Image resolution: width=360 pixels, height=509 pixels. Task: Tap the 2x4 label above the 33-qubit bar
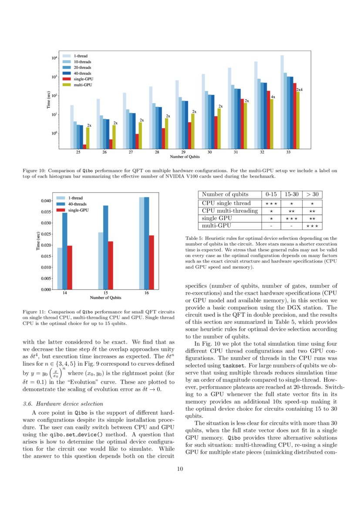[299, 90]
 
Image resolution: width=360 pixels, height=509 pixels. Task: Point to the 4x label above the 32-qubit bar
[273, 97]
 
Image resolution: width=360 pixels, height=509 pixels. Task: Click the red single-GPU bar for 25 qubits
[84, 147]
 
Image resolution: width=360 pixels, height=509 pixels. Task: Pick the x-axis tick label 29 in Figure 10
[183, 152]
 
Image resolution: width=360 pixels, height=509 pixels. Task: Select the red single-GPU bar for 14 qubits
[70, 267]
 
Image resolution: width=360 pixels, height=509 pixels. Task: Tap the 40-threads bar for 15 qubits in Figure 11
[105, 247]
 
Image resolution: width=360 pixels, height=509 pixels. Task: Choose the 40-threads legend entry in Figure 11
[78, 204]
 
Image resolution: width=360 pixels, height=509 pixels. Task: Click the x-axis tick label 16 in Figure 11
[146, 293]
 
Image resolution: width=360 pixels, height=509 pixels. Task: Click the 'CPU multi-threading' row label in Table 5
[227, 210]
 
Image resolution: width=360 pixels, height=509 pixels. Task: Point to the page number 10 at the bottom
[180, 469]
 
